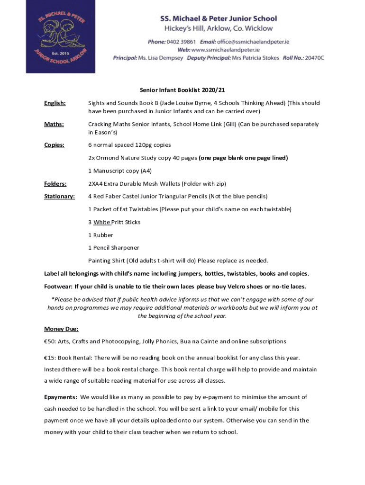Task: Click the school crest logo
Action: click(x=60, y=36)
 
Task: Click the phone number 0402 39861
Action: click(x=182, y=42)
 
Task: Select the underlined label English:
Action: click(x=55, y=103)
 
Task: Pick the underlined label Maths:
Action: click(x=54, y=125)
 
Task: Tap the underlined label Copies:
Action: click(x=55, y=145)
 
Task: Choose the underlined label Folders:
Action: click(x=55, y=184)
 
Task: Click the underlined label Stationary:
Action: click(x=59, y=197)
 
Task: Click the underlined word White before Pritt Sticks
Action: click(x=101, y=222)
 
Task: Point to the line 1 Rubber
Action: click(x=100, y=235)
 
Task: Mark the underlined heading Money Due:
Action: click(x=61, y=329)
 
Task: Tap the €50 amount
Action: click(x=49, y=341)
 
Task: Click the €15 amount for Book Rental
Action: click(x=49, y=358)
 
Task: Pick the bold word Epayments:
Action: click(x=61, y=397)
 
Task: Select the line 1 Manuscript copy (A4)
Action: click(x=120, y=171)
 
